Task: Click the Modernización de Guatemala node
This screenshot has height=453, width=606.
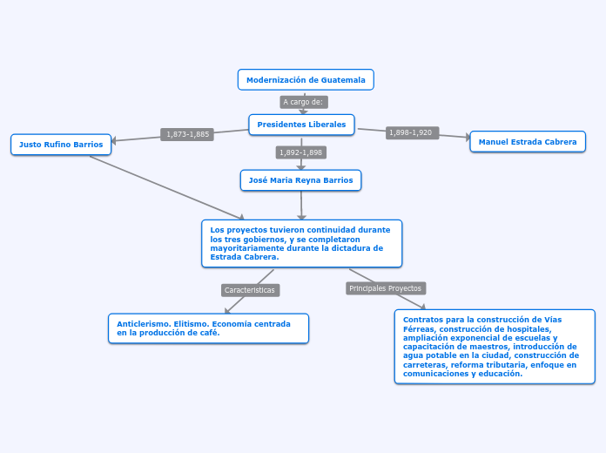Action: click(306, 79)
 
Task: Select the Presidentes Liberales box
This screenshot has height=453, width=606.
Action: click(301, 125)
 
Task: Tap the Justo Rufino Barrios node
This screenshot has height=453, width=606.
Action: click(61, 145)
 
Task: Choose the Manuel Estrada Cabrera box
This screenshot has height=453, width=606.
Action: click(528, 141)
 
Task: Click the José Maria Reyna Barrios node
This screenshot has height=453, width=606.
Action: click(300, 180)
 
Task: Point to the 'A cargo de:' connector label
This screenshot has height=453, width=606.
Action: click(303, 102)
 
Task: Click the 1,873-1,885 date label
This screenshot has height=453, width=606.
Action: click(187, 134)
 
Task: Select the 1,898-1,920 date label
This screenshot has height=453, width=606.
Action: click(410, 132)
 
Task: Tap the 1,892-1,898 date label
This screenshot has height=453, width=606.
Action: click(300, 152)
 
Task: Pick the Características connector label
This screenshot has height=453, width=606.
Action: click(249, 289)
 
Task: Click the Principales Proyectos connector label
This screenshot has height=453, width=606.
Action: click(385, 287)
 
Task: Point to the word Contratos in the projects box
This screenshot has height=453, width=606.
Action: click(421, 319)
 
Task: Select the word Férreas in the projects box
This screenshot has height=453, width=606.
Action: click(419, 328)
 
